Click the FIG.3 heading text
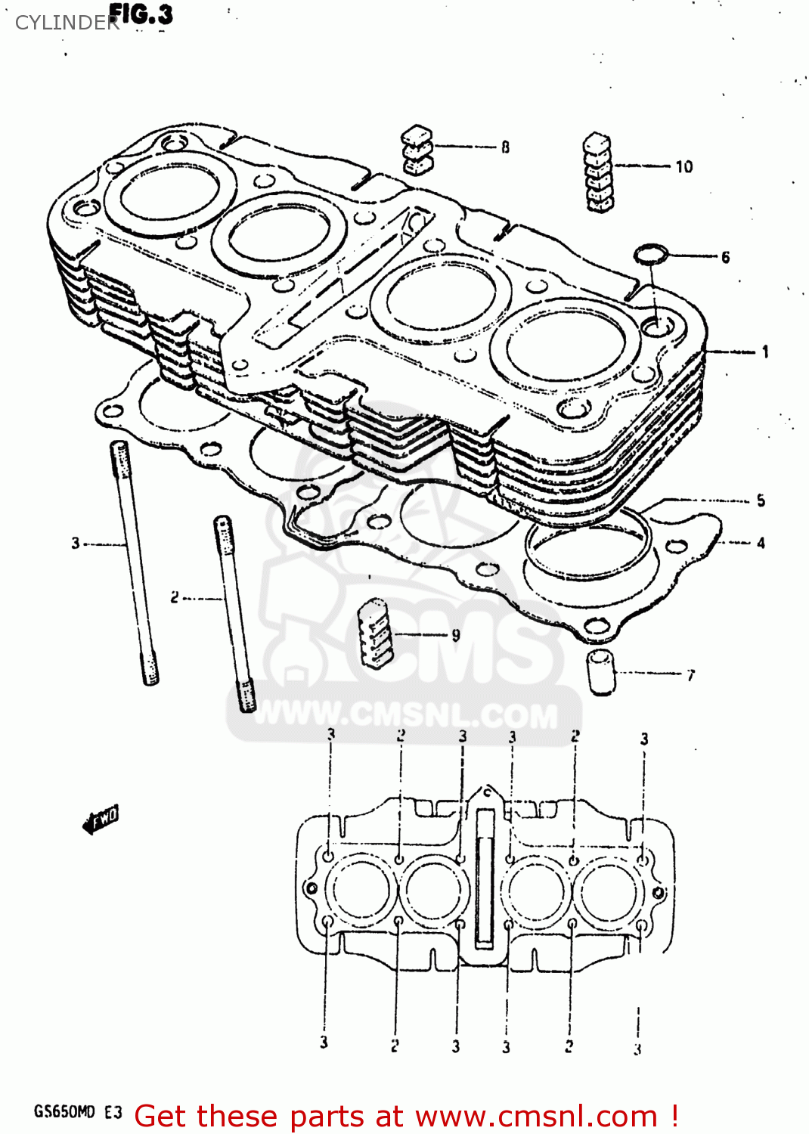[141, 15]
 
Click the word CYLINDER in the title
[67, 23]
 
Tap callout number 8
[505, 147]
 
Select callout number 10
[683, 166]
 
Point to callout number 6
[725, 257]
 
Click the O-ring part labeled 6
[651, 254]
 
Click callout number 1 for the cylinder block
[765, 352]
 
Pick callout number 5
[761, 500]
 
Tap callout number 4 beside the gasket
[761, 543]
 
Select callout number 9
[455, 635]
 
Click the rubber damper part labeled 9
[376, 634]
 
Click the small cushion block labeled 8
[417, 149]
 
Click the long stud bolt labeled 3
[135, 563]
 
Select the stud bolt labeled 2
[234, 612]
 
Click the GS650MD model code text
[65, 1111]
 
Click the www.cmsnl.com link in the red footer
[536, 1117]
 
